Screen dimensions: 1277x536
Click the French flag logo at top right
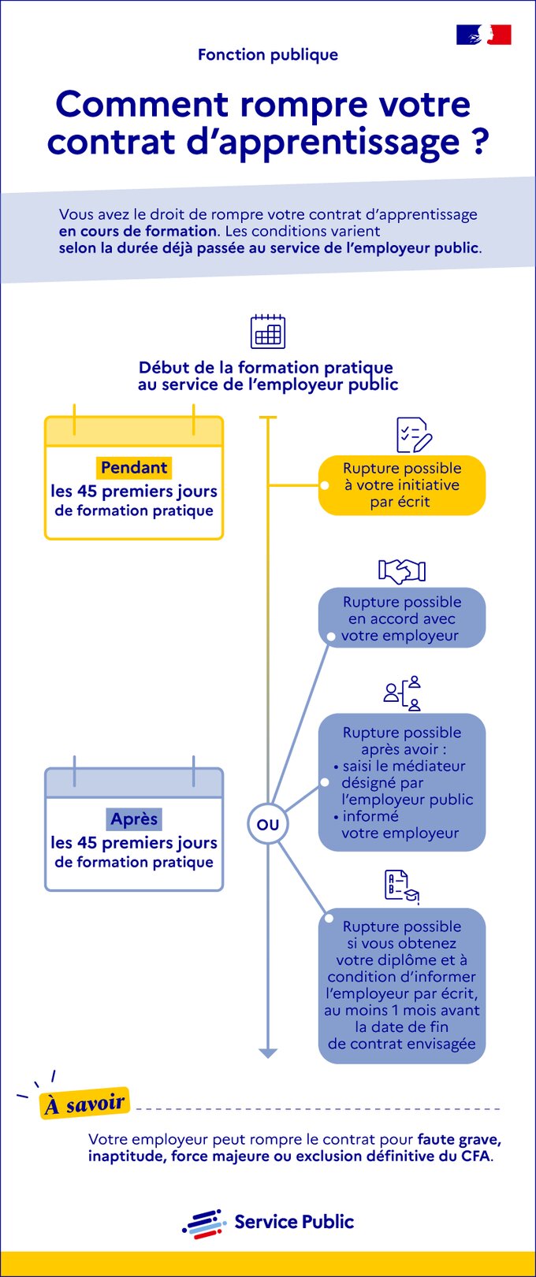click(483, 35)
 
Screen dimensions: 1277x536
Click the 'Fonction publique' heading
click(268, 54)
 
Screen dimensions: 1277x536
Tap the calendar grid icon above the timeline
click(268, 332)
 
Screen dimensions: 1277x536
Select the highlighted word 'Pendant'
click(134, 467)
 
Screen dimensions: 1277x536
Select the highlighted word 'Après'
click(134, 819)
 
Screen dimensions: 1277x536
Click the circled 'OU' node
click(268, 825)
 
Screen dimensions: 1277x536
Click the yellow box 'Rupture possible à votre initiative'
click(402, 485)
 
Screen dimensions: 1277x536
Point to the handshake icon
click(402, 570)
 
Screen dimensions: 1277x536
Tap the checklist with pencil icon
click(413, 435)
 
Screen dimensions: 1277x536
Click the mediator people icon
click(403, 693)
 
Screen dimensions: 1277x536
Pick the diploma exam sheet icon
click(401, 886)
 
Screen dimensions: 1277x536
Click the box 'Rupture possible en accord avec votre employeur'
click(402, 618)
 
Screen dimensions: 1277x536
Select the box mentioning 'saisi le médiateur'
click(402, 782)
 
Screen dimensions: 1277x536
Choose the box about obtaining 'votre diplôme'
click(402, 986)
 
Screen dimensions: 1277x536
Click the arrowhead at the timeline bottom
click(268, 1053)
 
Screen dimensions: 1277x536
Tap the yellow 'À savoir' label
click(84, 1104)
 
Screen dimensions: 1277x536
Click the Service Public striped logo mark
click(205, 1223)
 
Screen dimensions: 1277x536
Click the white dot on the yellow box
click(325, 485)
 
